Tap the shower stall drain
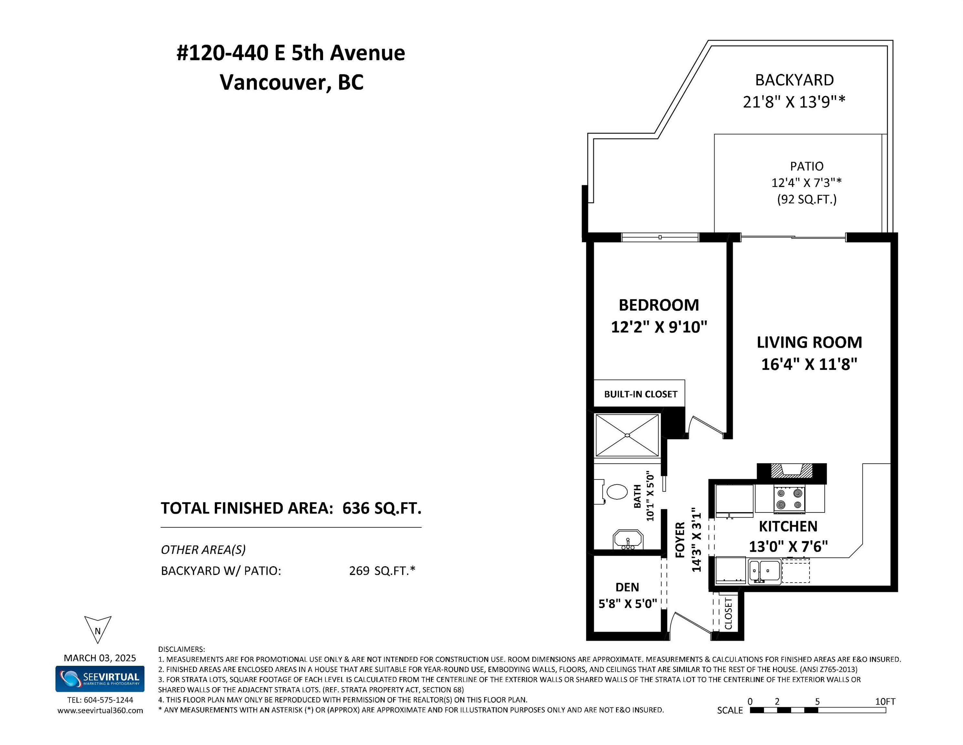click(x=627, y=435)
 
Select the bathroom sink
click(x=628, y=539)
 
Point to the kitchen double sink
click(x=765, y=571)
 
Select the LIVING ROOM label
click(x=809, y=342)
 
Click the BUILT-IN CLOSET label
click(x=640, y=394)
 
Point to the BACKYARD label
click(x=795, y=80)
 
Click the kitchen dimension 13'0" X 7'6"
click(x=788, y=546)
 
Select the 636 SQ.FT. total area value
click(x=382, y=508)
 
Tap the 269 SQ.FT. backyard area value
click(x=382, y=571)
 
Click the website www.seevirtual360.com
click(x=100, y=711)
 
